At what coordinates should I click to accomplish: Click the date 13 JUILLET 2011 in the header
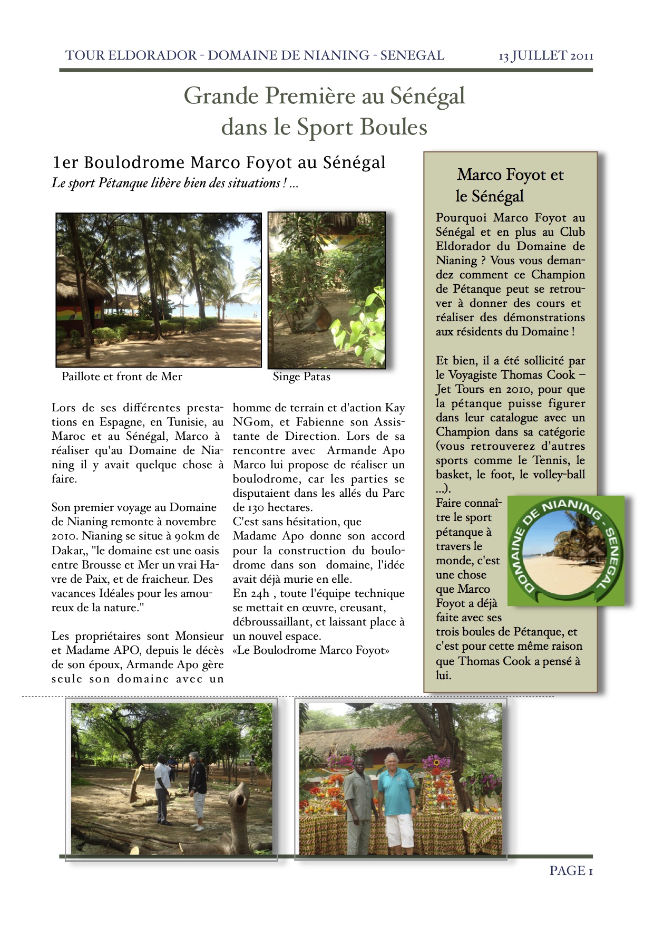pos(546,56)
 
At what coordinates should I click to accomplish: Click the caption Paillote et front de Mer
pos(122,377)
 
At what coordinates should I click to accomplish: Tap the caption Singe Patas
pos(301,377)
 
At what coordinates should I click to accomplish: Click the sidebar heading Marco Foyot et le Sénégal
pos(510,185)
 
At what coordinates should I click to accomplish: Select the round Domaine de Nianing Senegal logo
pos(566,550)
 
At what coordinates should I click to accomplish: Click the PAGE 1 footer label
pos(571,871)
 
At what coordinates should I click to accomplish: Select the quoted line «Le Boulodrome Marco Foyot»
pos(311,650)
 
